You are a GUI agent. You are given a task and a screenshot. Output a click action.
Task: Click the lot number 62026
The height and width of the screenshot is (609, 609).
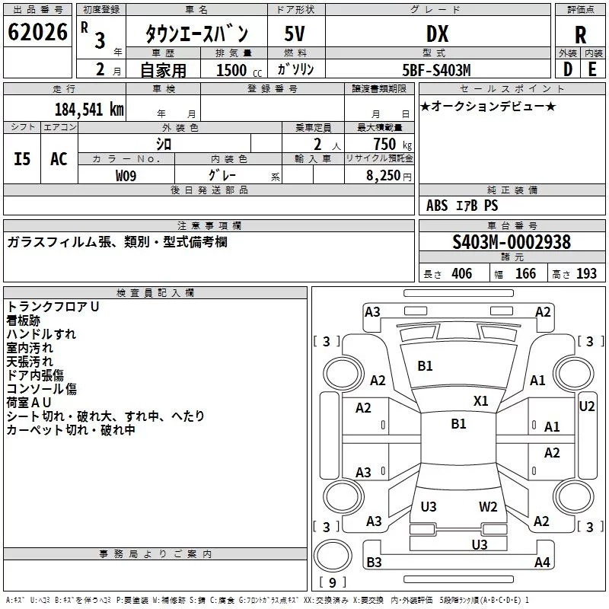(37, 32)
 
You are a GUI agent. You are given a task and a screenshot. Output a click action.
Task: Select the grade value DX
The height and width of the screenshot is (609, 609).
(437, 33)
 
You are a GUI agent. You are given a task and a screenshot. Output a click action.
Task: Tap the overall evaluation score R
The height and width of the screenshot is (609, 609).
(580, 35)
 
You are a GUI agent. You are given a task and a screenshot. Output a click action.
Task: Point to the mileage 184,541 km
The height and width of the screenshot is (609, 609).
(89, 110)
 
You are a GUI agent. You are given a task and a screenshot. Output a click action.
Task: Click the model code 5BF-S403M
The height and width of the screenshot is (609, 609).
(436, 70)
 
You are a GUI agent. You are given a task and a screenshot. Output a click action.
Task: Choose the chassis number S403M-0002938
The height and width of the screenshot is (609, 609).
(512, 242)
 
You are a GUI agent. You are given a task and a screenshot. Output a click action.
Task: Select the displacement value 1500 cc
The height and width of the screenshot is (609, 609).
(239, 70)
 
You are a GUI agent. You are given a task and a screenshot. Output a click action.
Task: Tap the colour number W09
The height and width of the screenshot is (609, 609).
(126, 176)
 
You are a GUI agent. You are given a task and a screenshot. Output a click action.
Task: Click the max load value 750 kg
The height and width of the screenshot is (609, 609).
(392, 144)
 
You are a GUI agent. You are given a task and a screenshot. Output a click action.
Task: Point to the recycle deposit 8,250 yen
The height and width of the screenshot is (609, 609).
(388, 176)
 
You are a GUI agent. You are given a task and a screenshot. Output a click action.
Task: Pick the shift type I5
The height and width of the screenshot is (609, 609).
(22, 159)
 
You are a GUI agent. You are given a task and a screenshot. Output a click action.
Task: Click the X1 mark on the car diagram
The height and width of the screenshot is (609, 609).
(480, 401)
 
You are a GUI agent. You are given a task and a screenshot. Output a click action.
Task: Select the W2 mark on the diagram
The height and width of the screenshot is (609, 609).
(488, 506)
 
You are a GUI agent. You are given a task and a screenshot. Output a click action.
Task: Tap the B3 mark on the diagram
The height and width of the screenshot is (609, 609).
(374, 562)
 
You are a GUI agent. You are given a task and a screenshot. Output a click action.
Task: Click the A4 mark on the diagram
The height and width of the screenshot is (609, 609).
(542, 562)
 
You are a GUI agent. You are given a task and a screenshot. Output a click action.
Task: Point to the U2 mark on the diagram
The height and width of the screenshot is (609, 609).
(586, 407)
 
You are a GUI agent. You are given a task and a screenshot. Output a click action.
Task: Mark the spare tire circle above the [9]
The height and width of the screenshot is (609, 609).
(333, 556)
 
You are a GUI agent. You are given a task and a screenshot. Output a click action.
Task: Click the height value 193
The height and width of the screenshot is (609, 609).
(586, 273)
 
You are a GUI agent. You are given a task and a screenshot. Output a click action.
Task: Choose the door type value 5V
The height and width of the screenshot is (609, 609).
(295, 33)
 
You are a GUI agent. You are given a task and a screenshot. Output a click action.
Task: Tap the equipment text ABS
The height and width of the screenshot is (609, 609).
(436, 206)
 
